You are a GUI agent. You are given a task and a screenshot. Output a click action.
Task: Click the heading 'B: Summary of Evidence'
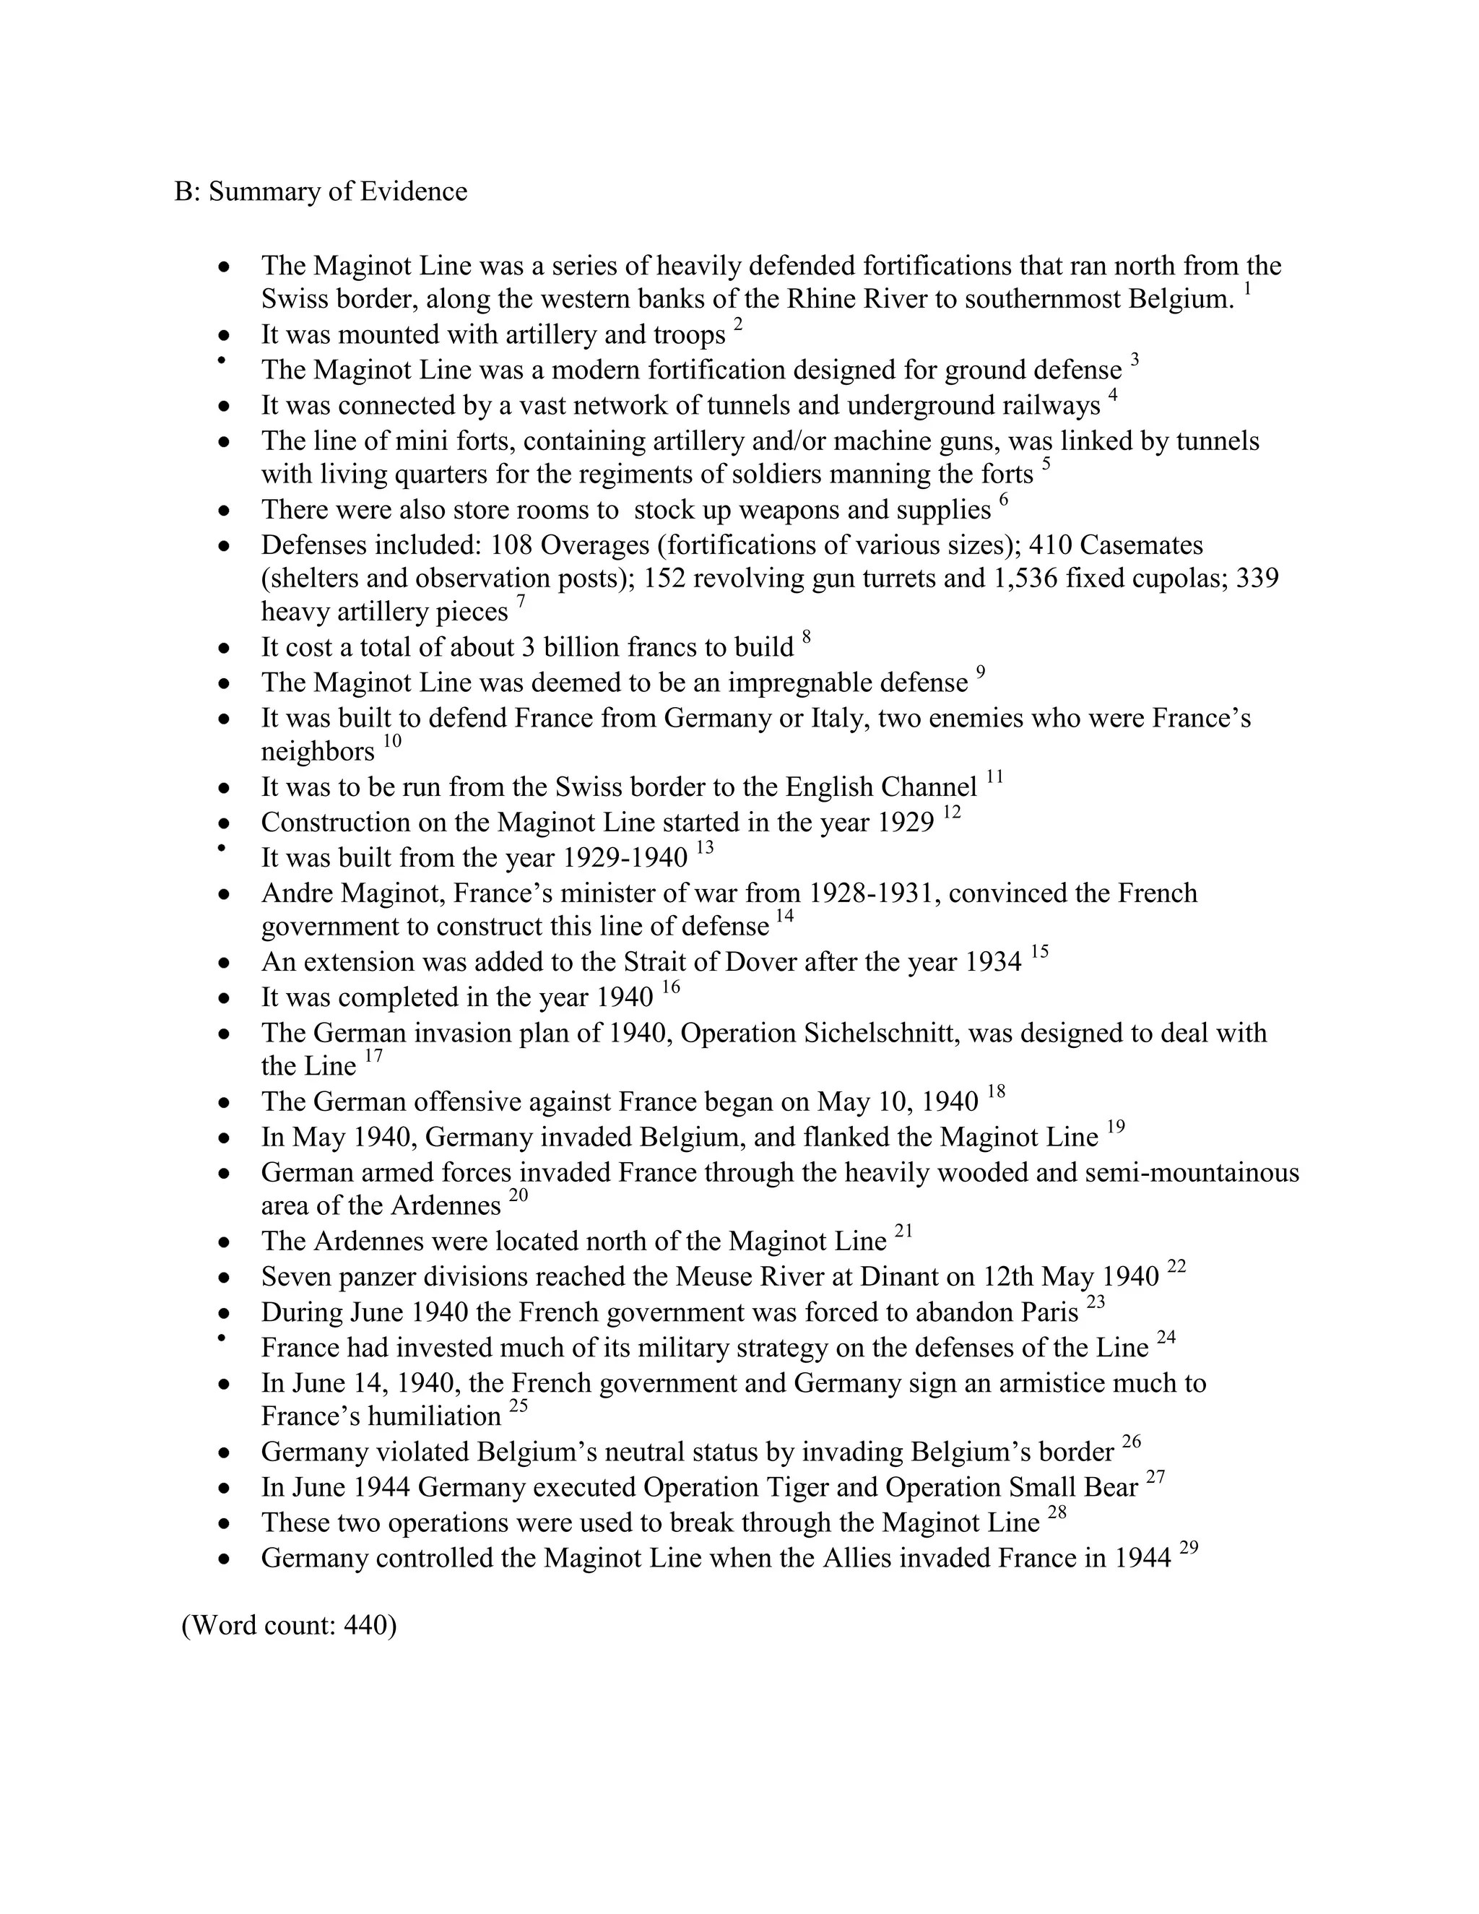tap(321, 192)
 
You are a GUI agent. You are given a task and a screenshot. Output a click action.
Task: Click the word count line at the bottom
tap(288, 1626)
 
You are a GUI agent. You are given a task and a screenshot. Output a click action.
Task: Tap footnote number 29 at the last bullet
tap(1189, 1549)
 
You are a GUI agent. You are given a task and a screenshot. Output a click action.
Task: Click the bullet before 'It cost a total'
tap(225, 649)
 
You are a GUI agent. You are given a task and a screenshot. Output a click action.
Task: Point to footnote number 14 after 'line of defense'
tap(785, 917)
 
